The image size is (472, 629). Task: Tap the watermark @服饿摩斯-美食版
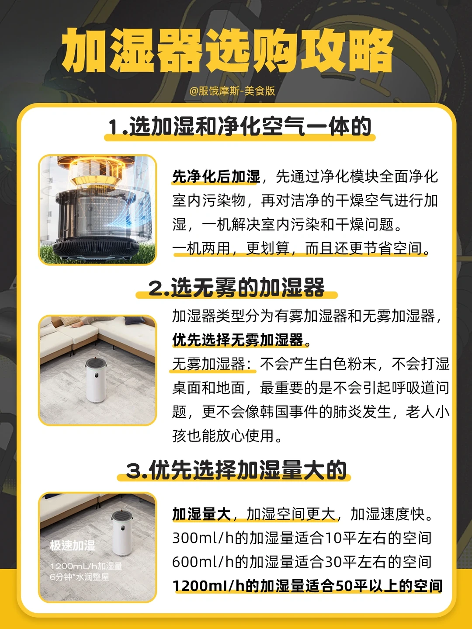(232, 91)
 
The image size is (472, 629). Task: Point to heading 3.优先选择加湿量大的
(236, 469)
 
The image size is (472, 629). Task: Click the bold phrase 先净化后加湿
(216, 176)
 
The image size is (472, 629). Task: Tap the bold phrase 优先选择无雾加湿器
(238, 340)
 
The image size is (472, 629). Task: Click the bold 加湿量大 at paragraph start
(201, 514)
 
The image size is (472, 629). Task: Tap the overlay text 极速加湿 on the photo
(72, 546)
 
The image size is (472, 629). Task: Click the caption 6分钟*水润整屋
(80, 577)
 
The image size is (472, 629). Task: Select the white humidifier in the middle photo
(97, 379)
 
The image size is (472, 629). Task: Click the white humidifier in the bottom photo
(122, 533)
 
